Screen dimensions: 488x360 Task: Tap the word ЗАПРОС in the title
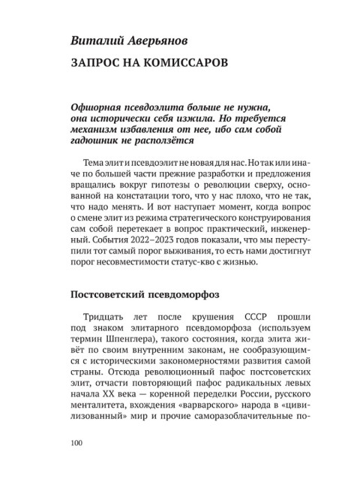(x=95, y=61)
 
